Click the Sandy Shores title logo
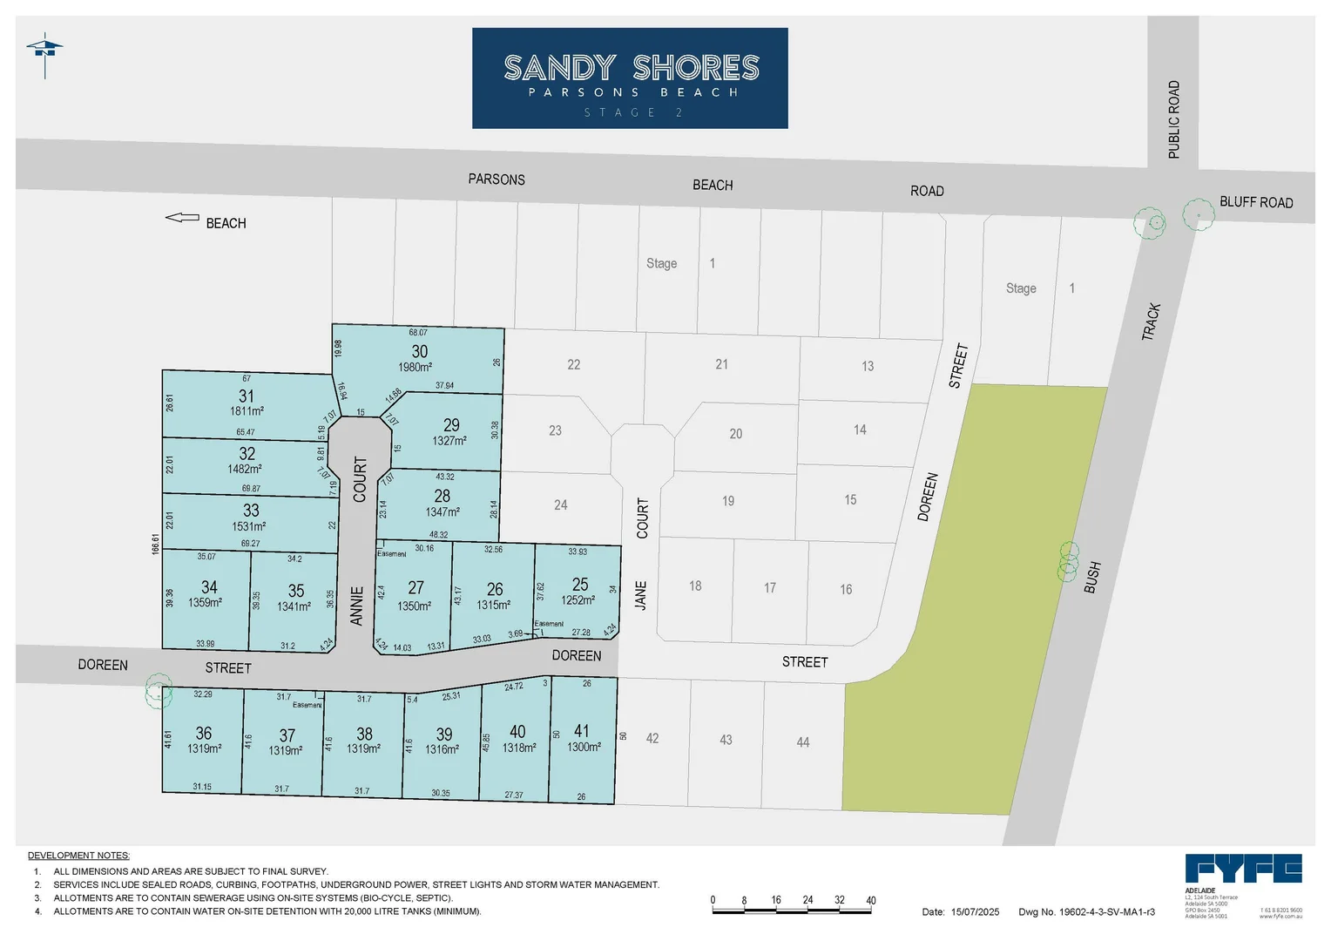[x=630, y=78]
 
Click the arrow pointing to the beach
[x=182, y=218]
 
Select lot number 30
[x=419, y=351]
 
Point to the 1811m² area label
[x=247, y=411]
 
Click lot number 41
[x=581, y=731]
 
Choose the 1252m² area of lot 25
[x=578, y=600]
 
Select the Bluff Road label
[x=1255, y=202]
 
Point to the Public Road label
[x=1173, y=119]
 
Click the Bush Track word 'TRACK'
[x=1152, y=322]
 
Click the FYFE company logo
[x=1243, y=869]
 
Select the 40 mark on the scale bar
[x=870, y=900]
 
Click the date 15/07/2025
[x=975, y=912]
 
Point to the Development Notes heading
[x=78, y=856]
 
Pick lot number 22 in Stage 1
[x=573, y=364]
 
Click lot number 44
[x=802, y=742]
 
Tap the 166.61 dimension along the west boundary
[x=156, y=544]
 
